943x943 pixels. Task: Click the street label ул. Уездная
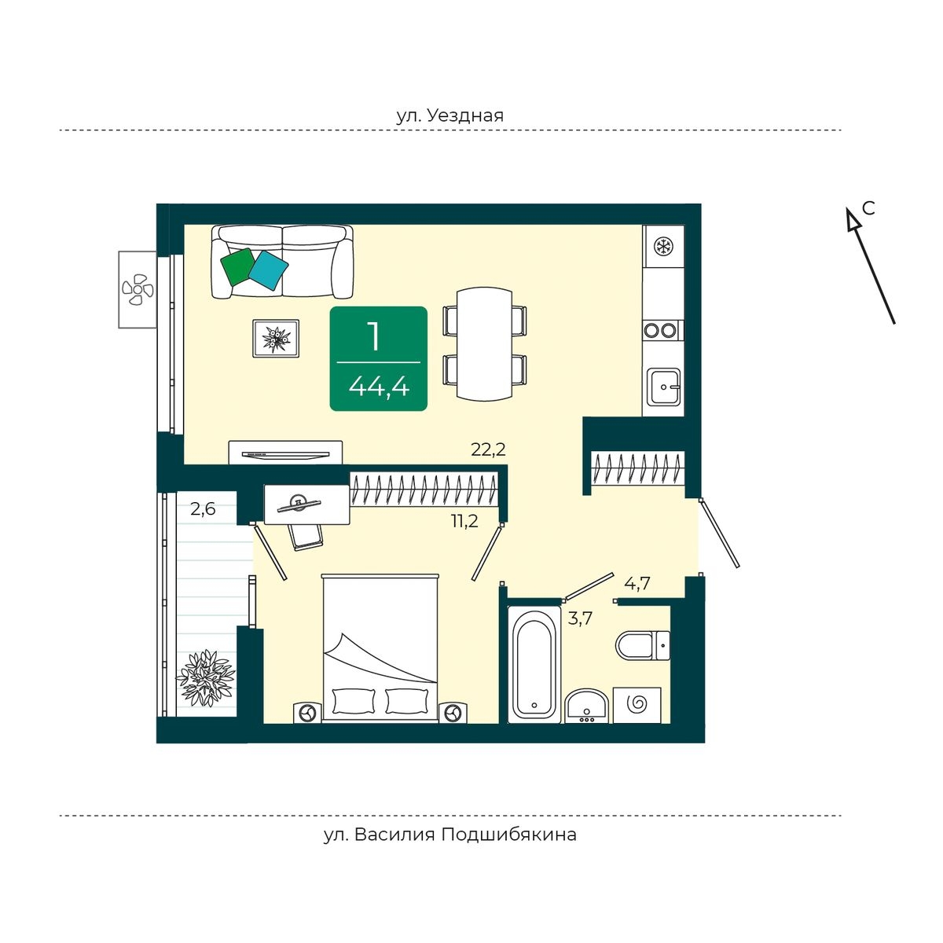(x=449, y=116)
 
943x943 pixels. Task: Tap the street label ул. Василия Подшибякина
(x=449, y=834)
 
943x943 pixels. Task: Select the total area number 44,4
(x=379, y=388)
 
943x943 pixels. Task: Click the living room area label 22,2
(x=488, y=449)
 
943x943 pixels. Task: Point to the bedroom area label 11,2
(x=464, y=521)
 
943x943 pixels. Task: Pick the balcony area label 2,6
(x=203, y=509)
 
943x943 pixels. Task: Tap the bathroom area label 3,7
(x=580, y=618)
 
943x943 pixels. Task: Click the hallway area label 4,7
(x=637, y=583)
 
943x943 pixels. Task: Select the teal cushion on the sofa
(x=268, y=270)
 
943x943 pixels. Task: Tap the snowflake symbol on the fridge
(x=663, y=246)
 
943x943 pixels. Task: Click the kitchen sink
(x=663, y=387)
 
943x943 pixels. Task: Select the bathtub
(x=534, y=664)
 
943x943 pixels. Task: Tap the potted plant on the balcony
(x=206, y=677)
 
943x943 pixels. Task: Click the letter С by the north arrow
(x=868, y=208)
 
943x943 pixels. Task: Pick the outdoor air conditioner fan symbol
(x=138, y=290)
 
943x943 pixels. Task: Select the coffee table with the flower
(x=276, y=338)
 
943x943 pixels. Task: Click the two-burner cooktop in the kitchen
(x=659, y=331)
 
